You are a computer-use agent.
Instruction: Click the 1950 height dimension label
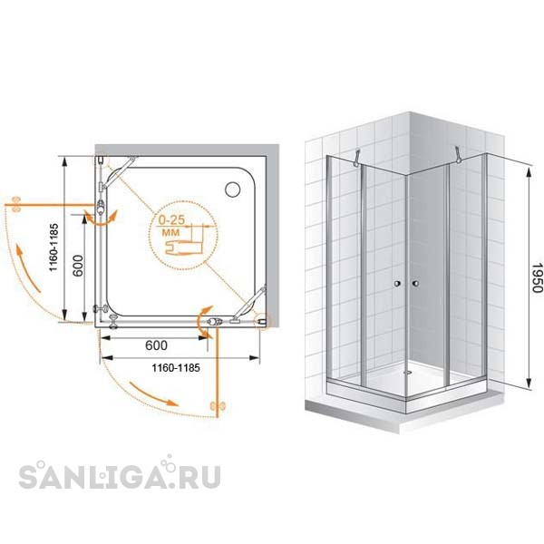point(537,277)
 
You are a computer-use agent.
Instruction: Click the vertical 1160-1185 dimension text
point(53,248)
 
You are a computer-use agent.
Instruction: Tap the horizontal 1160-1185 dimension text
point(176,368)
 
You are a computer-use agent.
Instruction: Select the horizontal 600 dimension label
point(156,345)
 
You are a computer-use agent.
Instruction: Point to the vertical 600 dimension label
point(78,266)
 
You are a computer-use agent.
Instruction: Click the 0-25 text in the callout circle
point(171,220)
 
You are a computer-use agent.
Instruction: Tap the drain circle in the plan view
point(232,189)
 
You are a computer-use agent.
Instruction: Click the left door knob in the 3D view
point(397,284)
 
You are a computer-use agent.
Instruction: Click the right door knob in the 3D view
point(415,284)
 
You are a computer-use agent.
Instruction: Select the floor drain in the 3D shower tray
point(407,373)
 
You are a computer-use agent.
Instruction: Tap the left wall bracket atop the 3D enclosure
point(356,158)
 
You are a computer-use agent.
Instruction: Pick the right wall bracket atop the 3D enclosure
point(459,155)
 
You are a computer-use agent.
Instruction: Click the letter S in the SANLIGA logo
point(28,477)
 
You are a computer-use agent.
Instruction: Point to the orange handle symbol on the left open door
point(16,205)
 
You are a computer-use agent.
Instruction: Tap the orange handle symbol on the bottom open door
point(218,406)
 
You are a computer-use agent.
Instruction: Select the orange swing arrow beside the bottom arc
point(153,393)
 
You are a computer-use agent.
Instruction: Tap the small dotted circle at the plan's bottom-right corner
point(262,322)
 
